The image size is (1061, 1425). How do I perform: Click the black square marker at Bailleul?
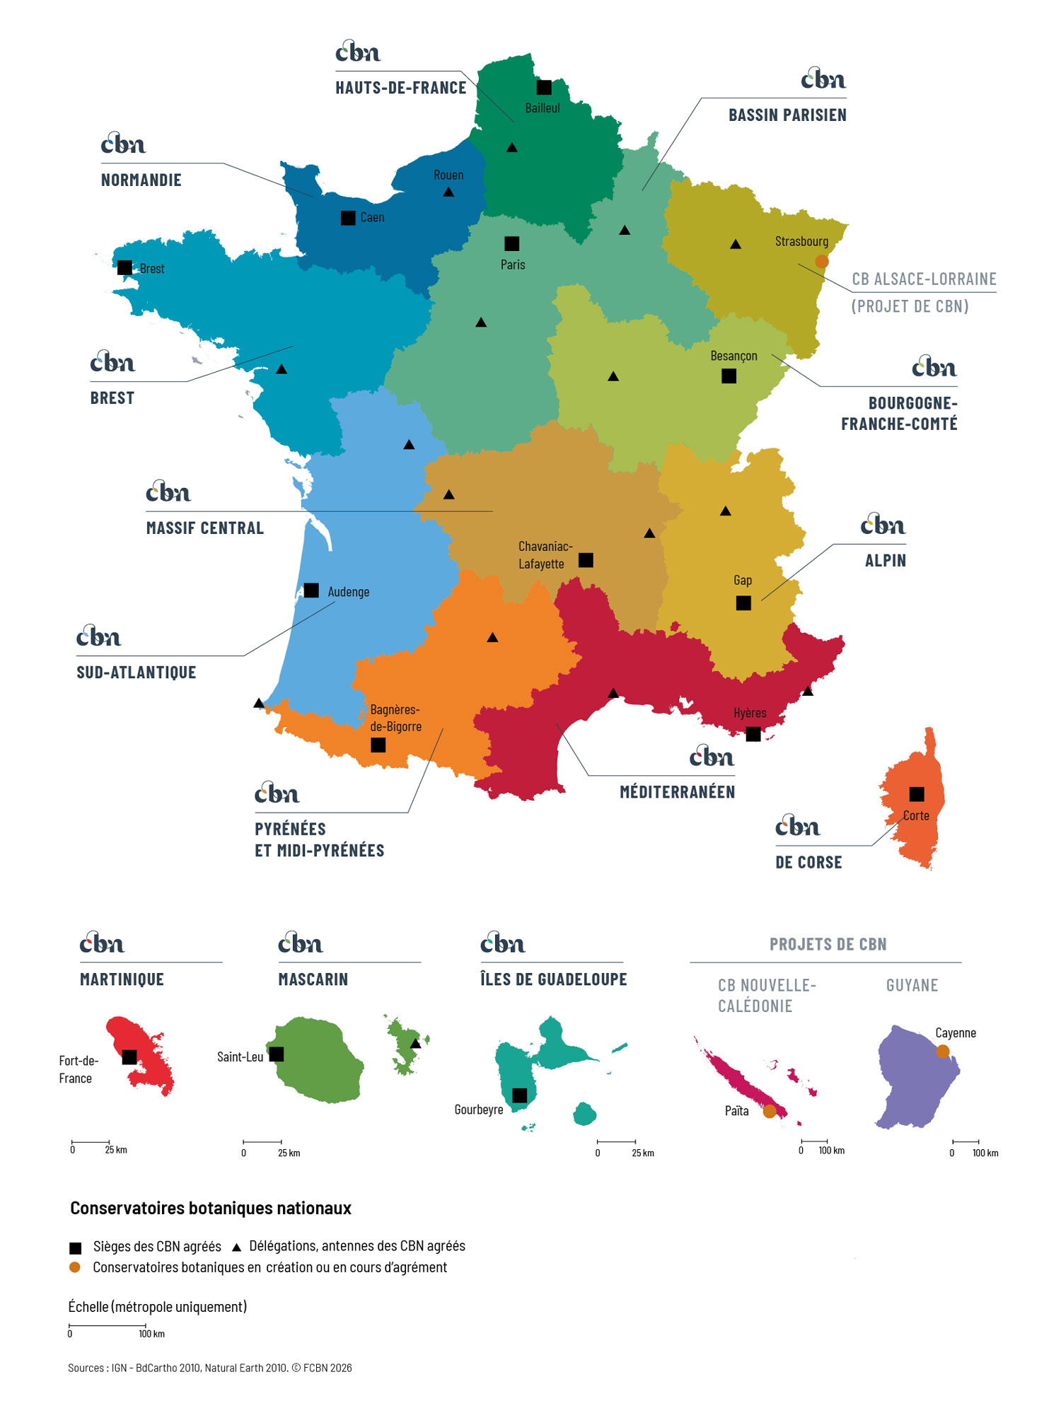pyautogui.click(x=544, y=88)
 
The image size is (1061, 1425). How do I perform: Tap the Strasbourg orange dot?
pyautogui.click(x=821, y=262)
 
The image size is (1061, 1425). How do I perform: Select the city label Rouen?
pyautogui.click(x=448, y=175)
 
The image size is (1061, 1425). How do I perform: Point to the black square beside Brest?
pyautogui.click(x=124, y=268)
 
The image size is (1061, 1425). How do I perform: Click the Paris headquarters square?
pyautogui.click(x=511, y=244)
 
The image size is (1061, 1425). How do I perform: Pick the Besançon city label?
pyautogui.click(x=734, y=356)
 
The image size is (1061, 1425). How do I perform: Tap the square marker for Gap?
pyautogui.click(x=743, y=603)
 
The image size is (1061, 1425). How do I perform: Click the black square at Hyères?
pyautogui.click(x=753, y=735)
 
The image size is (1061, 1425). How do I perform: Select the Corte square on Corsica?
pyautogui.click(x=917, y=794)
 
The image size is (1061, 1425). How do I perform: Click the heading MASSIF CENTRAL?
pyautogui.click(x=205, y=528)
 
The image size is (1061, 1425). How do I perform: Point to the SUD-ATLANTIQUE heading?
pyautogui.click(x=137, y=673)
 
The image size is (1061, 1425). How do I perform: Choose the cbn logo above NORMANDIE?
pyautogui.click(x=123, y=144)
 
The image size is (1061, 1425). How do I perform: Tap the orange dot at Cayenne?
pyautogui.click(x=943, y=1052)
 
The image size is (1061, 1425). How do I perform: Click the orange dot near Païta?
pyautogui.click(x=770, y=1111)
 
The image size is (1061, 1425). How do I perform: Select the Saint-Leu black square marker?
pyautogui.click(x=277, y=1054)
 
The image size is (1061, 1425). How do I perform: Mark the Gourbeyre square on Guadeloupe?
pyautogui.click(x=520, y=1095)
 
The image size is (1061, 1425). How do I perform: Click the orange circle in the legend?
pyautogui.click(x=75, y=1267)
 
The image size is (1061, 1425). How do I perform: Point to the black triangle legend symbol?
pyautogui.click(x=237, y=1247)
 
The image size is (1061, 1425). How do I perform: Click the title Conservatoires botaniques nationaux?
pyautogui.click(x=211, y=1209)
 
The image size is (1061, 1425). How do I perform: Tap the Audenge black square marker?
pyautogui.click(x=311, y=591)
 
